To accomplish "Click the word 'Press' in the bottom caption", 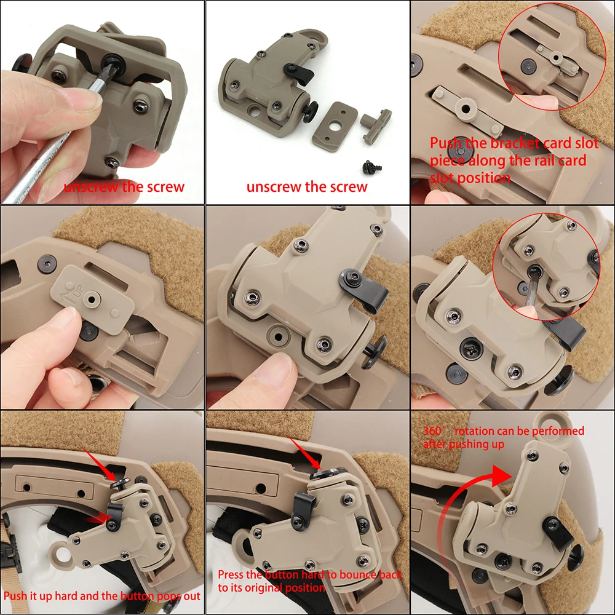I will (233, 575).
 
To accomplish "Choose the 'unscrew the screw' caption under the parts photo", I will (307, 187).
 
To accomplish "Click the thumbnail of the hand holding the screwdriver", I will (102, 102).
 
